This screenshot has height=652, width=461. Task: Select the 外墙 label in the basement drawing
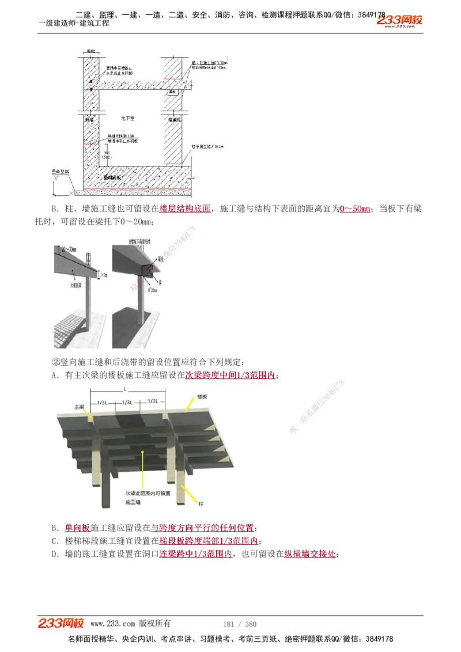(90, 120)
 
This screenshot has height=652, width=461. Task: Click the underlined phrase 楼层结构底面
(186, 209)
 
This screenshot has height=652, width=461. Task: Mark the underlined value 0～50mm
(355, 209)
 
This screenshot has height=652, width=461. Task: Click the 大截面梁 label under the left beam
(74, 284)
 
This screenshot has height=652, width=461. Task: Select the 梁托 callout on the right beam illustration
(154, 259)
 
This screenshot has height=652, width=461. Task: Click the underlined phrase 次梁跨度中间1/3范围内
(230, 376)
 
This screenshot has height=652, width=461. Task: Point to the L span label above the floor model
(125, 390)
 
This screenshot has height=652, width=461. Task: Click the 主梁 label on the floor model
(79, 407)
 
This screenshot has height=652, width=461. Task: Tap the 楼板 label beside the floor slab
(202, 397)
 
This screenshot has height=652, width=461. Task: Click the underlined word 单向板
(77, 528)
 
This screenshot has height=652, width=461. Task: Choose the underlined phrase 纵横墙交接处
(310, 554)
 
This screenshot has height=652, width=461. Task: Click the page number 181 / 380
(239, 624)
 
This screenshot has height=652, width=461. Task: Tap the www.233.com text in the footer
(112, 624)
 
